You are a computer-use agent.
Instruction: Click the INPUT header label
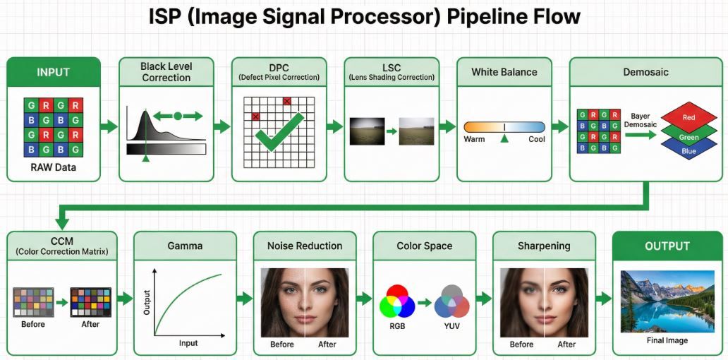coord(54,72)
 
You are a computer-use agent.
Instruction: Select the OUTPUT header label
coord(667,246)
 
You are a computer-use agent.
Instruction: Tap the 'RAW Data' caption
coord(54,168)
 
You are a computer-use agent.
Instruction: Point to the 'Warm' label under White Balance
coord(474,139)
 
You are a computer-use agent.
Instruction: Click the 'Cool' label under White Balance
coord(536,139)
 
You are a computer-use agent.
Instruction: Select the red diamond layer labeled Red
coord(688,117)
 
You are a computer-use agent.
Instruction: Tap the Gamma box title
coord(185,246)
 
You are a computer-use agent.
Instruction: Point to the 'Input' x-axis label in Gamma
coord(188,342)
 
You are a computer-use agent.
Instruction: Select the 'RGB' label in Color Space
coord(397,327)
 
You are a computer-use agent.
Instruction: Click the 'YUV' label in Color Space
coord(451,327)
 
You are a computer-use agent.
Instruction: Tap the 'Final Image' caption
coord(667,341)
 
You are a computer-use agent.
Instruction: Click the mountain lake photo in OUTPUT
coord(667,301)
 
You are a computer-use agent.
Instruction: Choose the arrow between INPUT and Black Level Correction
coord(109,127)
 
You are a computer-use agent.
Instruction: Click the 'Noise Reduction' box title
coord(305,246)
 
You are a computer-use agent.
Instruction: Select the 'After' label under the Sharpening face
coord(566,344)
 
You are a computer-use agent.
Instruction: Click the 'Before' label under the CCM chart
coord(33,325)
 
